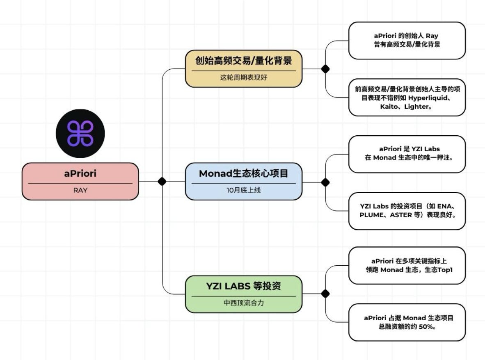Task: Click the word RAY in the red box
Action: point(80,191)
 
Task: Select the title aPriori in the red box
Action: point(80,173)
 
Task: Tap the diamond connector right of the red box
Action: point(162,181)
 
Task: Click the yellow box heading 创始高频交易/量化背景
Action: point(243,61)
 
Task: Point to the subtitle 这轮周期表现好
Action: point(243,77)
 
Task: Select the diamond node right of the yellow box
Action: point(325,69)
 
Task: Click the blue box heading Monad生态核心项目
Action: point(243,173)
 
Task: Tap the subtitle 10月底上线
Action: point(243,191)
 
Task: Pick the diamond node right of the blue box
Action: point(325,182)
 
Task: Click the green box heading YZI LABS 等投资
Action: point(243,286)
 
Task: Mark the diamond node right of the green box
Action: point(325,294)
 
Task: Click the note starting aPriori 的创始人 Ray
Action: point(407,40)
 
